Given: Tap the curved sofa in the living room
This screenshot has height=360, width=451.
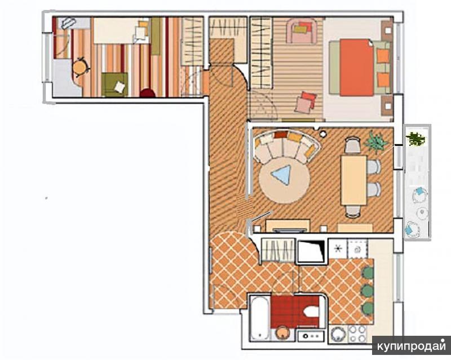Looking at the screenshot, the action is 286,145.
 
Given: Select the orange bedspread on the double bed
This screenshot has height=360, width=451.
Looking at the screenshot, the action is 357,68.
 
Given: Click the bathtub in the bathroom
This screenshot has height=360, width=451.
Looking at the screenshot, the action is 260,318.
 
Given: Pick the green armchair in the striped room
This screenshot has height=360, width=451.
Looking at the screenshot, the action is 114,85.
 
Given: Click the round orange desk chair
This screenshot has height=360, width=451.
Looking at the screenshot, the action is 80,67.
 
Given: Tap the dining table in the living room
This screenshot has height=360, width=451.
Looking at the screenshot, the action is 353,180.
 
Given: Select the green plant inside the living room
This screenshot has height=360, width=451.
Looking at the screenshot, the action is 375,141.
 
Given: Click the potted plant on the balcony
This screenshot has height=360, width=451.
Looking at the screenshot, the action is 415,139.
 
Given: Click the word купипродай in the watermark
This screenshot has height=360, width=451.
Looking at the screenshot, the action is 412,346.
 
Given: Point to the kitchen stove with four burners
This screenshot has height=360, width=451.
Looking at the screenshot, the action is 357,334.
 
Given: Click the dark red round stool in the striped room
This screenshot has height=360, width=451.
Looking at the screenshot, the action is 148,93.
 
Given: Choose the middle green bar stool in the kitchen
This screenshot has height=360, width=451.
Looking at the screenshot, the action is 368,290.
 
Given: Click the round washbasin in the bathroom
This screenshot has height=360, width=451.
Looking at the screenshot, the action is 282,334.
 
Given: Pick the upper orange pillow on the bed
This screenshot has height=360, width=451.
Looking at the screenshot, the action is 383,56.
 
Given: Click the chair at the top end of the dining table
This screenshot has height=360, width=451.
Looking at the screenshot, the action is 353,145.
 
